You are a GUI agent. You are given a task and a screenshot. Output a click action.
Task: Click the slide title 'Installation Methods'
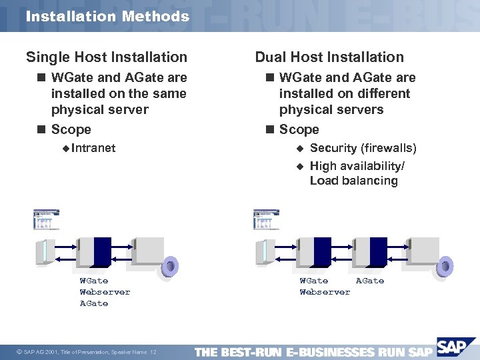pyautogui.click(x=107, y=16)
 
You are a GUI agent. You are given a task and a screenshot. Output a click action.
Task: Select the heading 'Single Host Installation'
pyautogui.click(x=107, y=57)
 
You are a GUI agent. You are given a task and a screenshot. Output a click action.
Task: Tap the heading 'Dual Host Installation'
pyautogui.click(x=329, y=57)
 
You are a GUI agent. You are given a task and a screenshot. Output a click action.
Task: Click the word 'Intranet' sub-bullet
pyautogui.click(x=93, y=148)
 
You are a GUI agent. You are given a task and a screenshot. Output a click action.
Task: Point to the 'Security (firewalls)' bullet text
pyautogui.click(x=363, y=148)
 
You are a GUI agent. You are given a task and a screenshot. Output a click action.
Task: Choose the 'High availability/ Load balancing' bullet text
pyautogui.click(x=357, y=173)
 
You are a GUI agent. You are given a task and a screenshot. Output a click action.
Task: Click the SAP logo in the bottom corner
pyautogui.click(x=456, y=347)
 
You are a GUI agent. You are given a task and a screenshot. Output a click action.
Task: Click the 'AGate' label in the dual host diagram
pyautogui.click(x=370, y=281)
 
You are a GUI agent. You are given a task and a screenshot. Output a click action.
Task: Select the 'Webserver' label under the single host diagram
pyautogui.click(x=105, y=292)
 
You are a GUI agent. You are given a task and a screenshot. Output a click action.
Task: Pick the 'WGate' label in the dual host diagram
pyautogui.click(x=313, y=281)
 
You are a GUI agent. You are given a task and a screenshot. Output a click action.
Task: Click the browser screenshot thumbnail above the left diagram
pyautogui.click(x=47, y=219)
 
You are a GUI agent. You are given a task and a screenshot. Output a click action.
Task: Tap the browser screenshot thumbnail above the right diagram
pyautogui.click(x=267, y=219)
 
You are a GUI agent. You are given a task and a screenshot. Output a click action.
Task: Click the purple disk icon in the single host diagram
pyautogui.click(x=169, y=267)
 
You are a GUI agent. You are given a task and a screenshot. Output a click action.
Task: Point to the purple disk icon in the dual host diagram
pyautogui.click(x=443, y=267)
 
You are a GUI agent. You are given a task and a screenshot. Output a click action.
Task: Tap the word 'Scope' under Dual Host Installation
pyautogui.click(x=299, y=129)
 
